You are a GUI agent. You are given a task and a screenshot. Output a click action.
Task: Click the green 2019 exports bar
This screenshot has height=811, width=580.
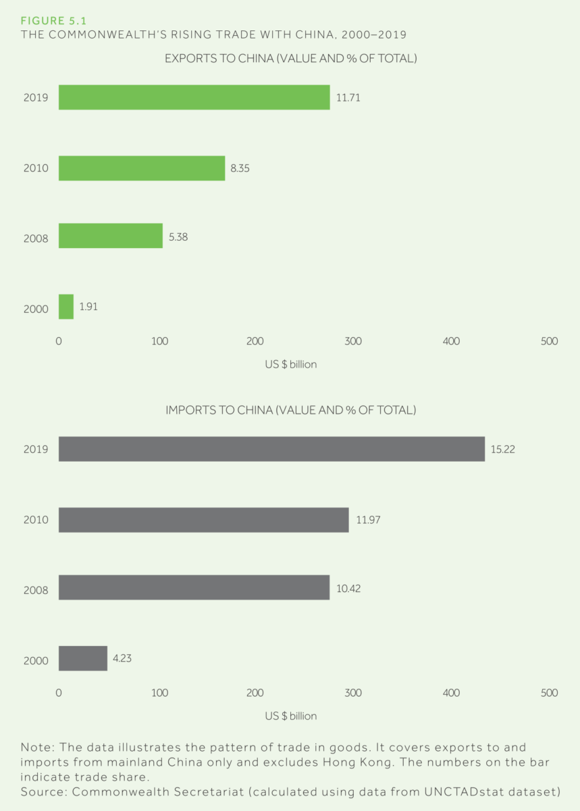point(194,97)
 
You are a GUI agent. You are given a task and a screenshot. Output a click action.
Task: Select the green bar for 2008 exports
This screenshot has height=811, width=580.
point(111,236)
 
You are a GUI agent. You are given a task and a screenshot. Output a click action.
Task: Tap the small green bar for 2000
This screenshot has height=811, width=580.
point(66,307)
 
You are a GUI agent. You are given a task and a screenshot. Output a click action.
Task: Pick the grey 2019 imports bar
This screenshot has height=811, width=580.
point(271,449)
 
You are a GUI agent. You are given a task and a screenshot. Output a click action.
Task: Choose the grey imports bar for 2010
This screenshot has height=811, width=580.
point(203,520)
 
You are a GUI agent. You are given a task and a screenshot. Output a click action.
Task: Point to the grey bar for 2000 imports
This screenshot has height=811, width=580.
point(83,658)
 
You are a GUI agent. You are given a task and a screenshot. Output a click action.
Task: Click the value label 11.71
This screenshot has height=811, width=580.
point(348,97)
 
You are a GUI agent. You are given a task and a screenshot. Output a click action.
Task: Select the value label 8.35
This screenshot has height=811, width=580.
point(240,168)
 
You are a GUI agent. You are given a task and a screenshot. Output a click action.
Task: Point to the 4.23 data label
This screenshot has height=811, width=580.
point(122,658)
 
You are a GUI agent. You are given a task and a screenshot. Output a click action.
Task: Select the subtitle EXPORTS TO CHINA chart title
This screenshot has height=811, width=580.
point(290,59)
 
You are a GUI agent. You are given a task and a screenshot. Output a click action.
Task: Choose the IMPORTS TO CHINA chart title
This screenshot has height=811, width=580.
point(290,410)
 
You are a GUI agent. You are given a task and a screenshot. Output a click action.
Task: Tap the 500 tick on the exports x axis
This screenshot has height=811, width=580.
point(550,341)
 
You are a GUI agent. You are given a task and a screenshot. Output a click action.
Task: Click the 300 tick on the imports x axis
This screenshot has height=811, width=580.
point(353,693)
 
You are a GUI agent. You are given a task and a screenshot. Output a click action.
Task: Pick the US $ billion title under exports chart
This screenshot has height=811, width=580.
point(290,364)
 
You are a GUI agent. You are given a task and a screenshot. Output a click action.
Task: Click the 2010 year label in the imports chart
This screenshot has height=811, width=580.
point(36,520)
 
